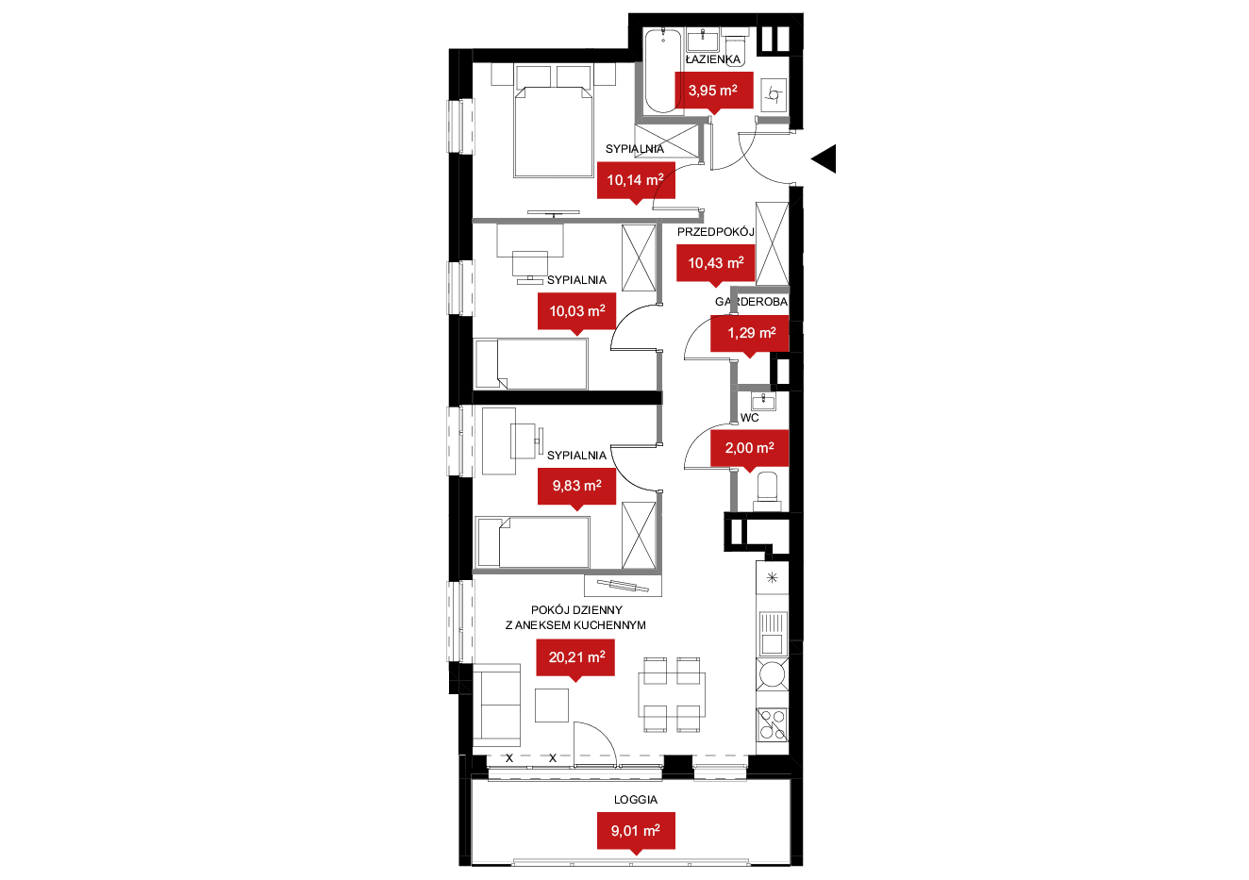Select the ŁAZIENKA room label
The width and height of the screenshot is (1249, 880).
[713, 59]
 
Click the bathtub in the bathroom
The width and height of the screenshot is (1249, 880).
[663, 70]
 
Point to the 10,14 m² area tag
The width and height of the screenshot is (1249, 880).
[636, 181]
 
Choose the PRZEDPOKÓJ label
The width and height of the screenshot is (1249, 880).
[715, 232]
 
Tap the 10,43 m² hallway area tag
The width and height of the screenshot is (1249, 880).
[715, 263]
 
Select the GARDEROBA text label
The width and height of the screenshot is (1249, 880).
[751, 302]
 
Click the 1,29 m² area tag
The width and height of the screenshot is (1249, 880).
[749, 334]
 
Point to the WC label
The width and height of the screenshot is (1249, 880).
[749, 418]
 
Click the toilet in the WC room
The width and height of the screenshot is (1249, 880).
[767, 491]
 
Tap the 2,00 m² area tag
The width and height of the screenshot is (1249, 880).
[749, 448]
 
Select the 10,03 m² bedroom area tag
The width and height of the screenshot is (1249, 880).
[576, 312]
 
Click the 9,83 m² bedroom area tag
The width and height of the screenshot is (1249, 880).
[576, 487]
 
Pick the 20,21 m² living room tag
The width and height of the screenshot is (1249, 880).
[575, 658]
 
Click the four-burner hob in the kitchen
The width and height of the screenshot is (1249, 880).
[773, 724]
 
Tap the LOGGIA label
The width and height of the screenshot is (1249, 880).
[636, 800]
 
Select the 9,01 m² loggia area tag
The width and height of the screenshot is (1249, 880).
[636, 832]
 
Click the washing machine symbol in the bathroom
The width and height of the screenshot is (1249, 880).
[773, 95]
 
